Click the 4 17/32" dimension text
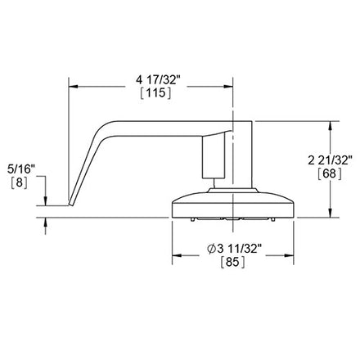[x=158, y=80]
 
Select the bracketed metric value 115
[x=155, y=93]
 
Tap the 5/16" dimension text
[x=21, y=169]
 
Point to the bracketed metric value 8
[x=19, y=182]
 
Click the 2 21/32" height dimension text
[x=331, y=160]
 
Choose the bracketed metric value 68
[x=330, y=173]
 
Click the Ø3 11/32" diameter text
[x=234, y=249]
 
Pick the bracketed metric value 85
[x=232, y=263]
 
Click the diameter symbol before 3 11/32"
[x=212, y=249]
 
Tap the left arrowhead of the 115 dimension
[x=74, y=87]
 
